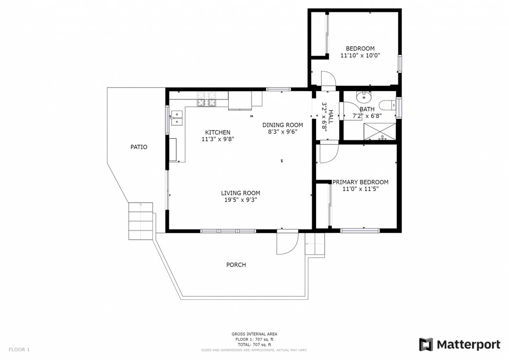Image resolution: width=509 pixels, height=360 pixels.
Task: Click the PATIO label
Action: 139,147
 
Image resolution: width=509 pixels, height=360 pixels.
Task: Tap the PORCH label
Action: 236,265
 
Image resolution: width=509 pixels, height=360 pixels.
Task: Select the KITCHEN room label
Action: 218,132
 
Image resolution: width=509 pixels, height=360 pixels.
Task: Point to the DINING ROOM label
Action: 282,125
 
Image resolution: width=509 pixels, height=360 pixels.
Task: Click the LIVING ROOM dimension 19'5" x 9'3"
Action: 241,200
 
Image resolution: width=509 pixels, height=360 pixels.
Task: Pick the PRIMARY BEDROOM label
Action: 360,182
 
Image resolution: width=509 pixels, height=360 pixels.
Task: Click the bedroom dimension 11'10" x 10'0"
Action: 360,56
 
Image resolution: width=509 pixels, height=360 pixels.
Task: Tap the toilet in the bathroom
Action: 388,105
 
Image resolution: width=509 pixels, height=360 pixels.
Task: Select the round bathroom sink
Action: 364,97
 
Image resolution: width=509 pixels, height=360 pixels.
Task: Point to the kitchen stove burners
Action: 207,99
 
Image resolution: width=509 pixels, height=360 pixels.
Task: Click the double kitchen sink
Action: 177,118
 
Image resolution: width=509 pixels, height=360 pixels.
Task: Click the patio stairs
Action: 141,221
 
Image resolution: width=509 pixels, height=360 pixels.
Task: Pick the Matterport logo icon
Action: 426,344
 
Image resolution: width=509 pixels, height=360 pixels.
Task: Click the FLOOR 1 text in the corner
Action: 19,350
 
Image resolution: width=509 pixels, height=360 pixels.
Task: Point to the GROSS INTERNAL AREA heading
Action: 254,334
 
